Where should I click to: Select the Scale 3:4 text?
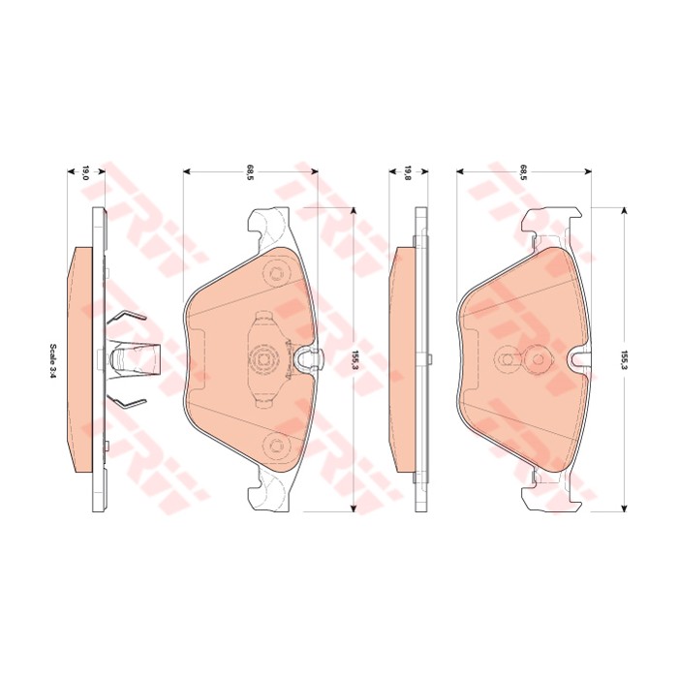(x=53, y=361)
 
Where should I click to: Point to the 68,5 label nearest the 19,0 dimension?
(x=250, y=172)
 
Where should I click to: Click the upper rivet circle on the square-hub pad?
(x=275, y=274)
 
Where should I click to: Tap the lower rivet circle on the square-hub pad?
(x=275, y=444)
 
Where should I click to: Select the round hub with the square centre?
(x=262, y=359)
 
